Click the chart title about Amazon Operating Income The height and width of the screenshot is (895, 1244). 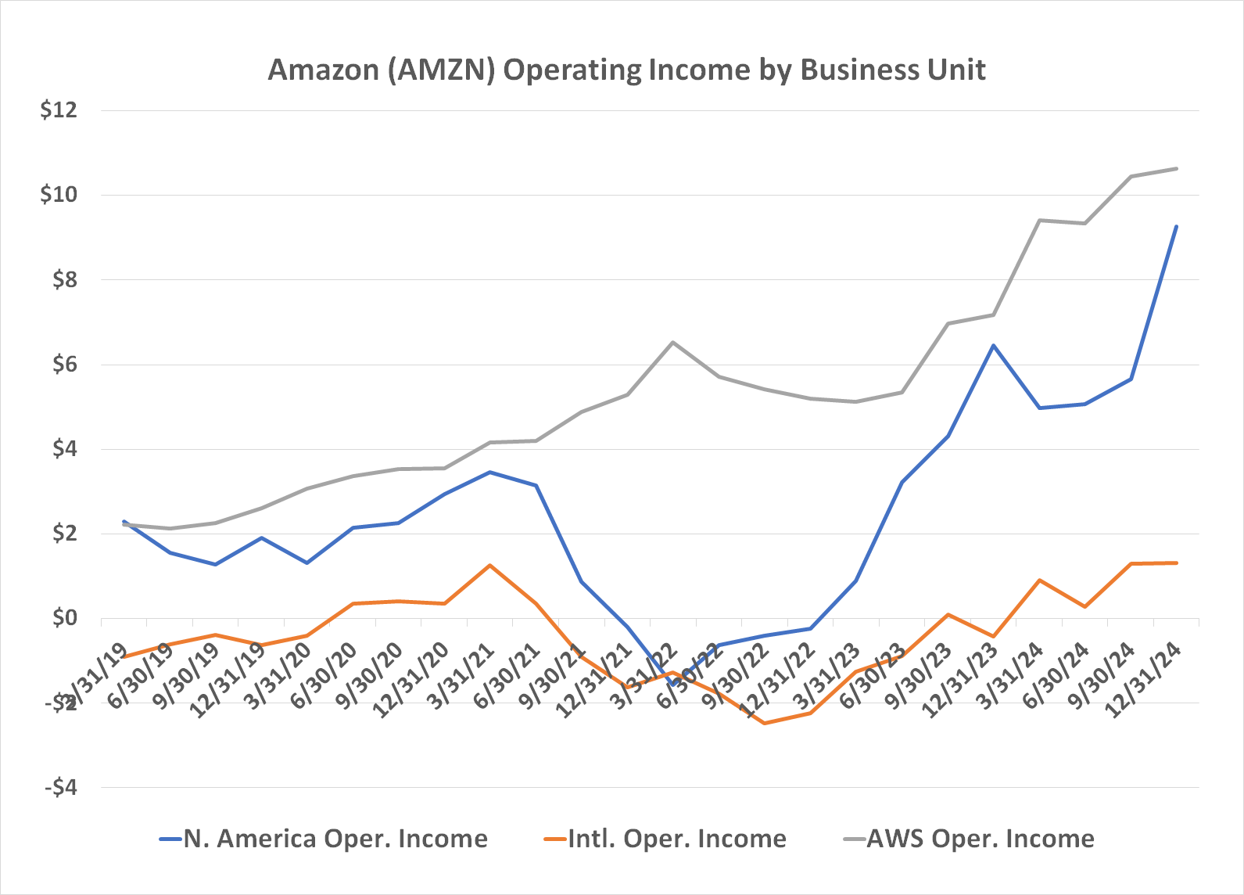626,70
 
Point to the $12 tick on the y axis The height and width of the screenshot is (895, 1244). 59,110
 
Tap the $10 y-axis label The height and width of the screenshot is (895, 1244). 59,195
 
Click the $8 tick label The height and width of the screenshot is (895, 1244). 64,280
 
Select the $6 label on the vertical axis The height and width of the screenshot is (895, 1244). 64,365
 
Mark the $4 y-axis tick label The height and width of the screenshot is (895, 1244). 64,449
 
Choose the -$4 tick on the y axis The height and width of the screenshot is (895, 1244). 61,788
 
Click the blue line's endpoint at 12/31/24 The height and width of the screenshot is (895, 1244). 1176,227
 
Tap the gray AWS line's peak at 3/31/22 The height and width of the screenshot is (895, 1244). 673,342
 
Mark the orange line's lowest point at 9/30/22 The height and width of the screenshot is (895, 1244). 765,724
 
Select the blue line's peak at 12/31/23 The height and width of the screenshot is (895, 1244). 993,345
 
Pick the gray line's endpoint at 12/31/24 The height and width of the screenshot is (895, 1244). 1176,168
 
